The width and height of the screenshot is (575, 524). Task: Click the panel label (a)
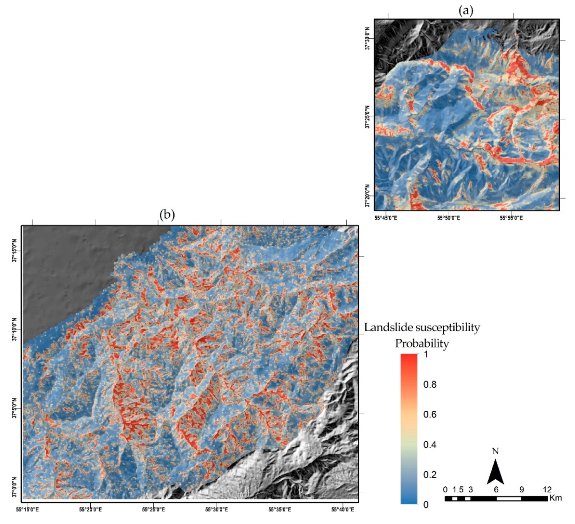click(466, 11)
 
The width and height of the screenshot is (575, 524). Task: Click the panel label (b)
click(167, 214)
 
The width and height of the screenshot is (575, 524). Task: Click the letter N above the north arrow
click(495, 451)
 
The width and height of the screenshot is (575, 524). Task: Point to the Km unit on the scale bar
click(556, 498)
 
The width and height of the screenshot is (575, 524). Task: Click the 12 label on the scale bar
click(547, 489)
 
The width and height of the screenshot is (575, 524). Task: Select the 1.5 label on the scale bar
click(458, 489)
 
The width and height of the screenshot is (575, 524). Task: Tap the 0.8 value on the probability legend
click(430, 384)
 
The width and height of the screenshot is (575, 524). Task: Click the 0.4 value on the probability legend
click(430, 445)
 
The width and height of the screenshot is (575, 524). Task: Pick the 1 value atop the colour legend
click(426, 354)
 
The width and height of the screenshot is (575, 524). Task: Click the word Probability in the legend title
click(422, 343)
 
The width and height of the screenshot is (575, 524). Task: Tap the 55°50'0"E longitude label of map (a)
click(448, 218)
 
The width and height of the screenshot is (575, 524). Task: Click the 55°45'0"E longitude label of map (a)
click(386, 218)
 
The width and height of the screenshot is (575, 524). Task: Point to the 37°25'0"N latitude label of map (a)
click(367, 117)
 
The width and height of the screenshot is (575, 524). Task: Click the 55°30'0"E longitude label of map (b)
click(217, 510)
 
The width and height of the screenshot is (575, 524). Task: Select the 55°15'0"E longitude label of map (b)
click(27, 510)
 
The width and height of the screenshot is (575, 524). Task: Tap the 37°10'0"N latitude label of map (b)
click(14, 330)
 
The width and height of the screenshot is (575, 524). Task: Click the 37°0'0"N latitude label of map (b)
click(14, 487)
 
